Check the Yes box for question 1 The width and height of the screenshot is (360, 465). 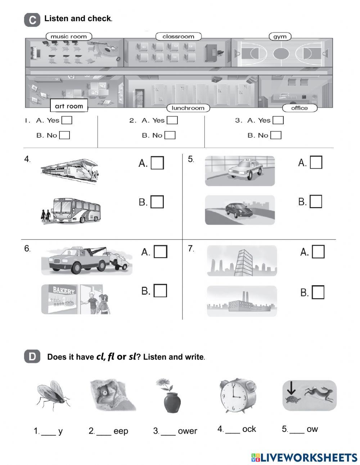pos(67,120)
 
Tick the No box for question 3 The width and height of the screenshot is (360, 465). pos(276,135)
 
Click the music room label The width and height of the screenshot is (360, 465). pos(69,36)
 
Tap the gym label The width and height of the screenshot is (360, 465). pos(280,37)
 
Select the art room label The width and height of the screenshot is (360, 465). pos(69,106)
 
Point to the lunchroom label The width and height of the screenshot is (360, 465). pos(188,108)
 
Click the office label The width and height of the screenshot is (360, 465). pos(299,108)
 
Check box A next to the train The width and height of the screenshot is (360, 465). pos(157,163)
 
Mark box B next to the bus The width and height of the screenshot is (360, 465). pos(157,202)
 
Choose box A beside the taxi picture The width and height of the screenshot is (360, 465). pos(316,162)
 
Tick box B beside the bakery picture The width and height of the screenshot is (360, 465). pos(160,291)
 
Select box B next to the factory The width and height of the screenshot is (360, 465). pos(318,292)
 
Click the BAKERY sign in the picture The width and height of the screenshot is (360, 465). pos(64,290)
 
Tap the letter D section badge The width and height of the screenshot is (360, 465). pos(32,357)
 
